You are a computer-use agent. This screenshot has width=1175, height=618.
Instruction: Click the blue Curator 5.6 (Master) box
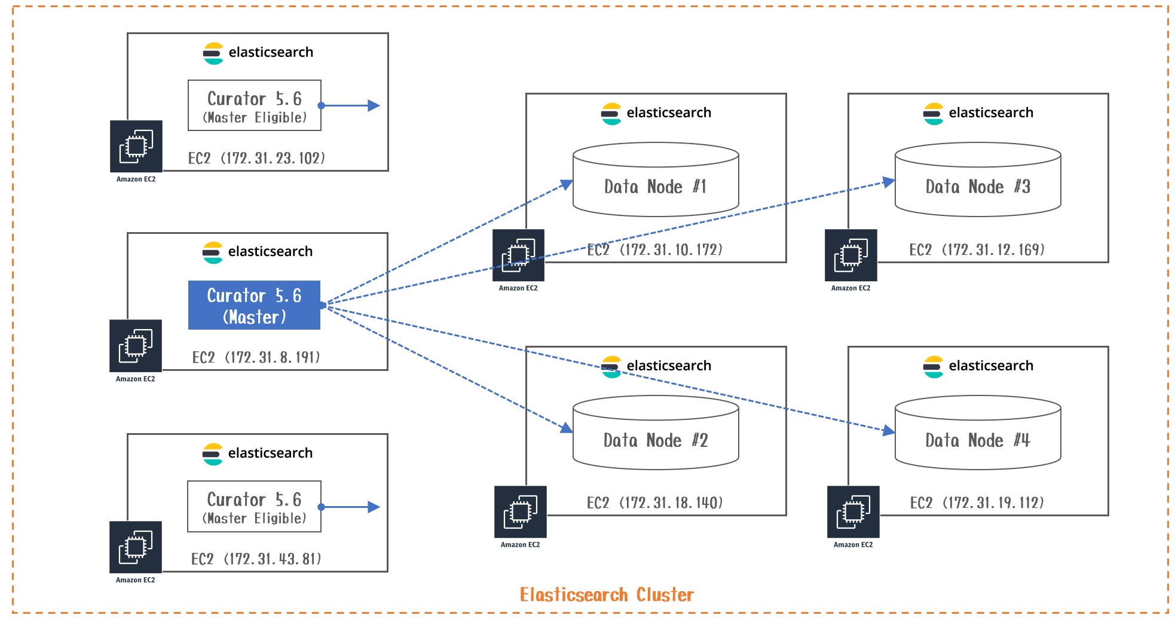pyautogui.click(x=254, y=305)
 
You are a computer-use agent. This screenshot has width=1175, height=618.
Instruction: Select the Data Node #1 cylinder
pyautogui.click(x=656, y=180)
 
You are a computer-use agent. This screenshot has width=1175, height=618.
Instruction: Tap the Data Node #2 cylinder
pyautogui.click(x=656, y=433)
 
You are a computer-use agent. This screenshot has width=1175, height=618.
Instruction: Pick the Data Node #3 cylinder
pyautogui.click(x=978, y=180)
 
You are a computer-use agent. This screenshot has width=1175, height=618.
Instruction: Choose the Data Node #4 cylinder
pyautogui.click(x=978, y=433)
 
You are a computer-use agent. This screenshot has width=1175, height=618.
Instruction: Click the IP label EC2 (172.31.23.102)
pyautogui.click(x=256, y=158)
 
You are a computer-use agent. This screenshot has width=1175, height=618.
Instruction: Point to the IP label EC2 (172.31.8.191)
pyautogui.click(x=256, y=357)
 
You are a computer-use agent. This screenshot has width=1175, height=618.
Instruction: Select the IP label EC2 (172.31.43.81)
pyautogui.click(x=256, y=559)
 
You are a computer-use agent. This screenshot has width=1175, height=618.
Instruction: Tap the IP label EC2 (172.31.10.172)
pyautogui.click(x=655, y=249)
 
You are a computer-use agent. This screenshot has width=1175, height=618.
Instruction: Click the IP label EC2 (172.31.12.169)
pyautogui.click(x=977, y=249)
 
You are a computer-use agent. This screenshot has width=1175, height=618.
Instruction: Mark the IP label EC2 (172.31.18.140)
pyautogui.click(x=655, y=503)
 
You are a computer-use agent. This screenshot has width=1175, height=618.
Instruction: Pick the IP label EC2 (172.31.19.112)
pyautogui.click(x=977, y=503)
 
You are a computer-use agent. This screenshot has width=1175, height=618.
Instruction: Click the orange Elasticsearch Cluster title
pyautogui.click(x=607, y=595)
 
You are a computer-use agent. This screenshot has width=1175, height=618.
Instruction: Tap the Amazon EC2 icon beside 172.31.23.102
pyautogui.click(x=136, y=147)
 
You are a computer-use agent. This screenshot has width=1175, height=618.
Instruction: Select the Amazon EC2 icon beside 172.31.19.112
pyautogui.click(x=853, y=512)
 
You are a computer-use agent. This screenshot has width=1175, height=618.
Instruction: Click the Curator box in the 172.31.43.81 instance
pyautogui.click(x=254, y=507)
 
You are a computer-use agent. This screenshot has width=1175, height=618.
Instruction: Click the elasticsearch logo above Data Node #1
pyautogui.click(x=611, y=114)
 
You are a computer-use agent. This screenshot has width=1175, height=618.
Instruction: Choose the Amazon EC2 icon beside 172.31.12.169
pyautogui.click(x=851, y=255)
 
